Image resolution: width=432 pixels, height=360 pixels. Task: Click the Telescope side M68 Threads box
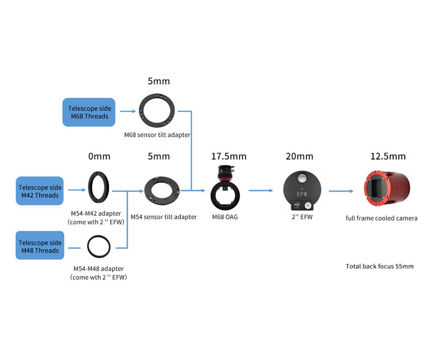click(x=89, y=112)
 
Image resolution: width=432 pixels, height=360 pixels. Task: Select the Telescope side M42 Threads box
click(x=40, y=191)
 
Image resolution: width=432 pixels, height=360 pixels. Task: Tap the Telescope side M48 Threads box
click(x=40, y=246)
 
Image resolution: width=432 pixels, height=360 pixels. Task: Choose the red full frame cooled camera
click(x=388, y=188)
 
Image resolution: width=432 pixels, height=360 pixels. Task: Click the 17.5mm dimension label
click(x=229, y=156)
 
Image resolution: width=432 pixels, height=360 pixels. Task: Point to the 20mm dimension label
click(x=300, y=156)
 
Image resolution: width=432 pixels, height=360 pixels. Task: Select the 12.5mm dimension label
click(x=388, y=156)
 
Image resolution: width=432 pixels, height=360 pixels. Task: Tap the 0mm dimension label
click(x=99, y=156)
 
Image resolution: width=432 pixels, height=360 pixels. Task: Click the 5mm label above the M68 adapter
click(x=159, y=81)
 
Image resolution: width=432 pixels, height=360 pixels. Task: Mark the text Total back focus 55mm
click(x=380, y=266)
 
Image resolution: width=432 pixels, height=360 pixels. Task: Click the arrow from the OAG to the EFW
click(x=261, y=190)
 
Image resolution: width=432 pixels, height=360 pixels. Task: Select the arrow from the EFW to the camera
click(x=341, y=191)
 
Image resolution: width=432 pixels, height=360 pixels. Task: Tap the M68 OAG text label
click(x=225, y=217)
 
